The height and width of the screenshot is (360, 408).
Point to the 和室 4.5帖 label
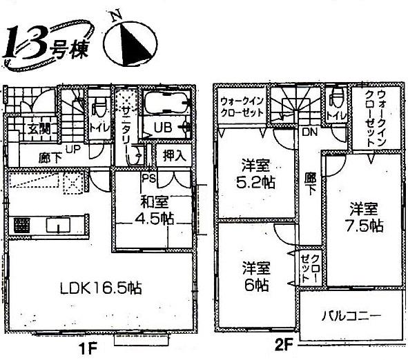click(x=153, y=211)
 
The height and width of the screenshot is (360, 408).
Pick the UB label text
click(x=163, y=128)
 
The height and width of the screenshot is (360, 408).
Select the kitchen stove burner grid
click(x=21, y=226)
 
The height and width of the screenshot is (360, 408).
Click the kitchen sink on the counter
click(x=57, y=226)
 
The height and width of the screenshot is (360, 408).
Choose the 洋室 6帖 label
click(x=255, y=275)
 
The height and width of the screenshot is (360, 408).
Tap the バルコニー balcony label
click(x=350, y=317)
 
